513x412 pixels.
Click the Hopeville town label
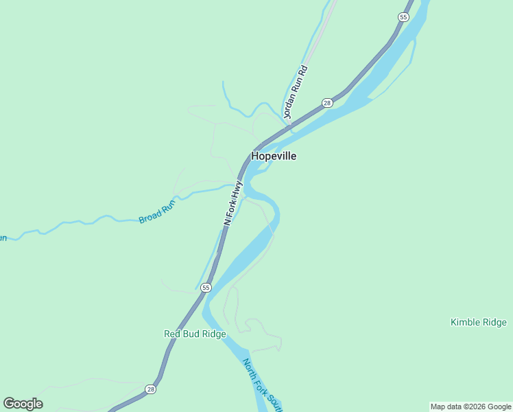click(x=274, y=156)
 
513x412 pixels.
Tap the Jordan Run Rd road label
click(x=296, y=91)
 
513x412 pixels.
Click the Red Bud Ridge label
click(x=195, y=334)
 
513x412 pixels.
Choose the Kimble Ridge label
click(x=478, y=322)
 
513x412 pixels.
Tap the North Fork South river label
click(x=262, y=385)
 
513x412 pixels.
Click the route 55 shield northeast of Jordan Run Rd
click(x=403, y=16)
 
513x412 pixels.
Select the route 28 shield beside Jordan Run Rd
click(x=327, y=103)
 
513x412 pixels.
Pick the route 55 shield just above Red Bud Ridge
click(x=206, y=288)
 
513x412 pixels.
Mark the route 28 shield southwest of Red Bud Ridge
click(x=150, y=389)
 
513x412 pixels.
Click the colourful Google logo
click(x=23, y=404)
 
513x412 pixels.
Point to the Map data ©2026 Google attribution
click(x=470, y=407)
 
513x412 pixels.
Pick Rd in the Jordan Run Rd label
click(x=304, y=71)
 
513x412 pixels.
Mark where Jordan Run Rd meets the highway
click(x=287, y=126)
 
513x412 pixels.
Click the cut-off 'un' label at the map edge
click(x=3, y=238)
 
